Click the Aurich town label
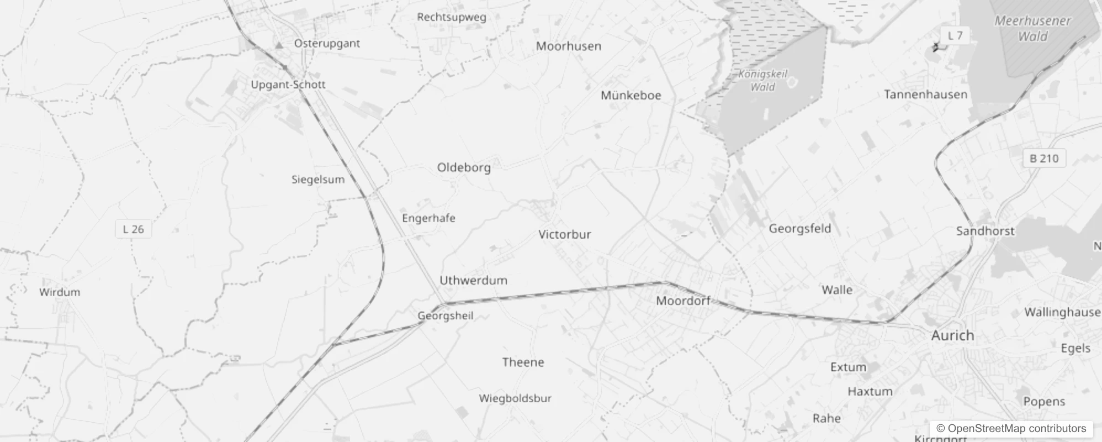click(952, 335)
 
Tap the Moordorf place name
click(683, 301)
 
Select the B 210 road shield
click(1043, 159)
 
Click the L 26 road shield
click(133, 229)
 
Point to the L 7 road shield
click(955, 36)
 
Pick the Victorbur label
click(564, 234)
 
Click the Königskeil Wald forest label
click(763, 80)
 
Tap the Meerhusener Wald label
click(1032, 29)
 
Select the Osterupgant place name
click(327, 43)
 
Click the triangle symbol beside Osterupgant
click(279, 44)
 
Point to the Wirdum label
click(60, 292)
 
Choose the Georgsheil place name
click(445, 316)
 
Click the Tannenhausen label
click(925, 94)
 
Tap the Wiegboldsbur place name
click(515, 398)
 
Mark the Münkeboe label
click(631, 95)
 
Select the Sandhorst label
click(985, 231)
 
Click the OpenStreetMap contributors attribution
click(1011, 429)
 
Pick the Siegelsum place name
click(318, 179)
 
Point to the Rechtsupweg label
click(452, 17)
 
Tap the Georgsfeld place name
click(799, 228)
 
